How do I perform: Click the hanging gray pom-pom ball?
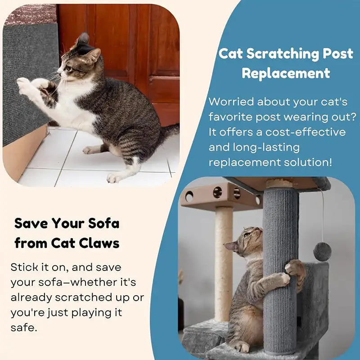[x=322, y=251]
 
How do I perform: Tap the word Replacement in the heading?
[x=286, y=73]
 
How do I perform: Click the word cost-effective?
[x=306, y=132]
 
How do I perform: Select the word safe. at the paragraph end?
[x=23, y=327]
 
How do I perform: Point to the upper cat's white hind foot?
[x=114, y=178]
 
